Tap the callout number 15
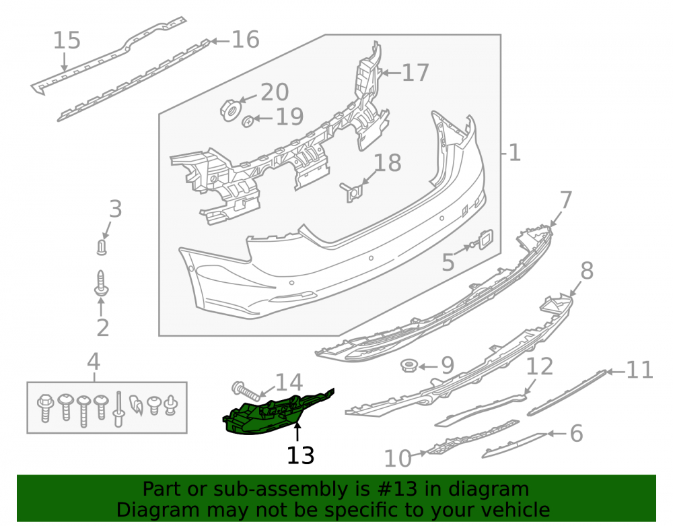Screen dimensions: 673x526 (x=67, y=40)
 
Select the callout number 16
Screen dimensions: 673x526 (x=246, y=40)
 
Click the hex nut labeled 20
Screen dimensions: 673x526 (x=229, y=110)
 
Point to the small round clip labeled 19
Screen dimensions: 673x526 (x=248, y=121)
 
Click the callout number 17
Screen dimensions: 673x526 (x=415, y=72)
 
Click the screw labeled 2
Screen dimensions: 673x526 (x=102, y=284)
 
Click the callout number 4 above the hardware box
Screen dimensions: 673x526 (x=94, y=362)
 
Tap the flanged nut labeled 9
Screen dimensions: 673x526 (x=409, y=366)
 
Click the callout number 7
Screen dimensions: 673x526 (x=566, y=201)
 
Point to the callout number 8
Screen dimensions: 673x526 (x=587, y=271)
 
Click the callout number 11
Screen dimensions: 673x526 (x=639, y=370)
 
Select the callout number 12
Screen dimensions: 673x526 (x=540, y=366)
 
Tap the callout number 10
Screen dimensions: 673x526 (x=398, y=459)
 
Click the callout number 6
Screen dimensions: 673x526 (x=576, y=433)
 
